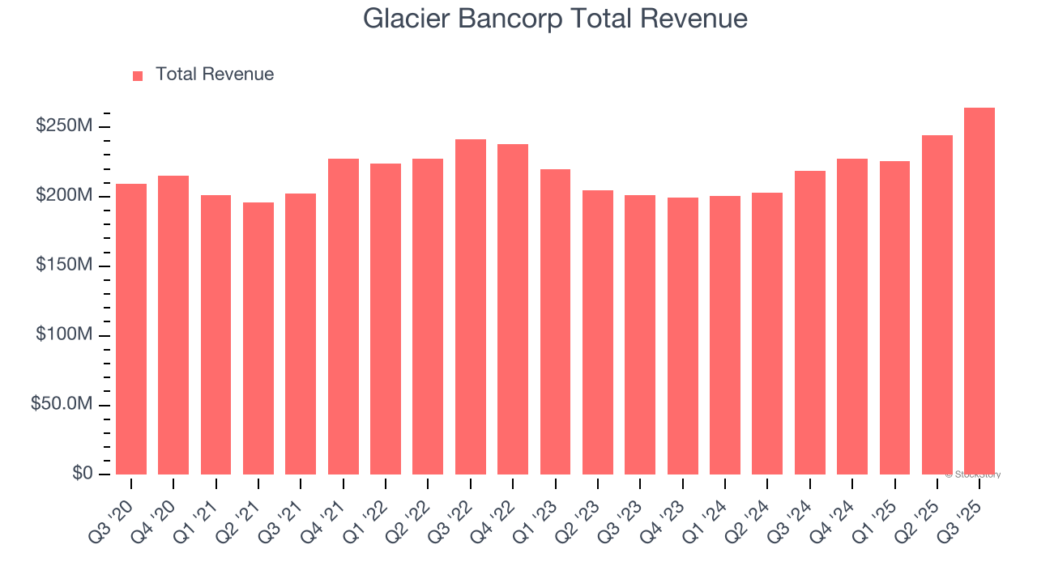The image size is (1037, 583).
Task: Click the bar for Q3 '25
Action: click(979, 291)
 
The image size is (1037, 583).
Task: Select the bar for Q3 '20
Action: click(131, 329)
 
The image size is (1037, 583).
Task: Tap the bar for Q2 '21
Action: click(258, 338)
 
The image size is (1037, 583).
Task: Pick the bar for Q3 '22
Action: click(471, 307)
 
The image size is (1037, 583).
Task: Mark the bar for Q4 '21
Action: click(344, 317)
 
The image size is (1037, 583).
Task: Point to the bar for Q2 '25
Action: click(937, 304)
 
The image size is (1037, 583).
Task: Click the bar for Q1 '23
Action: click(555, 321)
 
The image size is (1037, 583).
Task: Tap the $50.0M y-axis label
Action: click(62, 404)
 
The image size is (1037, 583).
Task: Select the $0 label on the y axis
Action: click(83, 473)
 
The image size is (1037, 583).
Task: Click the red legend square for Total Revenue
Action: click(138, 75)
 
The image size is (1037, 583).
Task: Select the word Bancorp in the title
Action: click(514, 19)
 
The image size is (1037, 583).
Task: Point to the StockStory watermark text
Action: click(974, 474)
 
